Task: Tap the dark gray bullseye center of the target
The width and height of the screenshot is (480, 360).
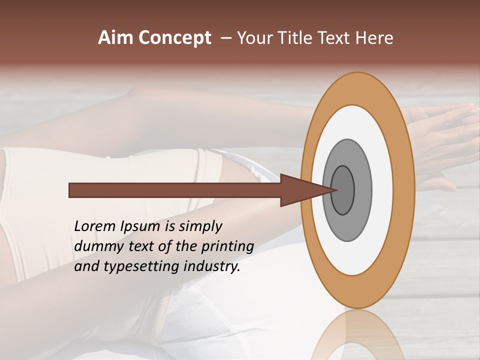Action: pos(343,190)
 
